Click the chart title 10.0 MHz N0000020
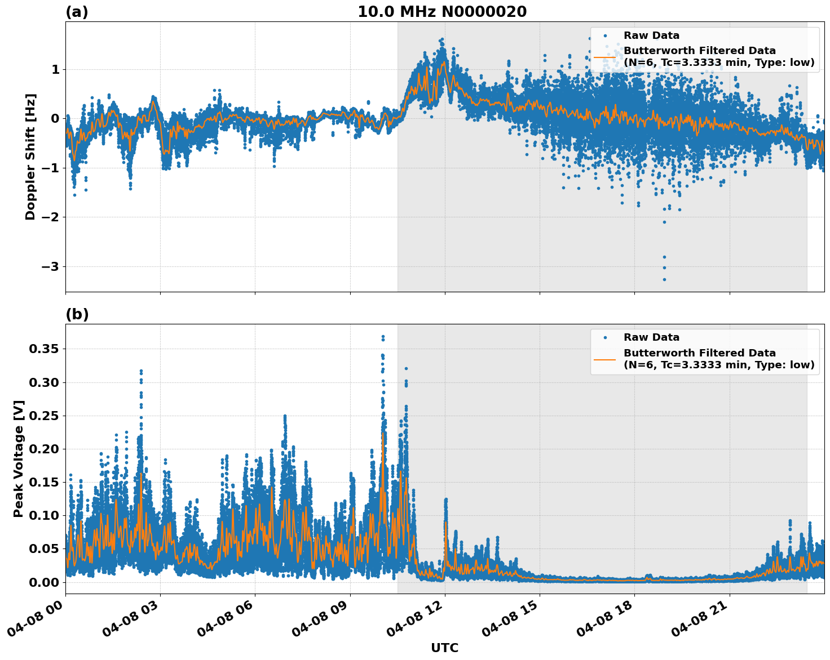click(442, 12)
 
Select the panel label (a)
click(77, 12)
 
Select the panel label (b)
click(77, 314)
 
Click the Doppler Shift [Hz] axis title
click(30, 157)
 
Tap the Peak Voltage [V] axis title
click(19, 458)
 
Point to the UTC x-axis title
click(444, 648)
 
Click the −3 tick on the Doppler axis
click(50, 266)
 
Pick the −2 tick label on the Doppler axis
click(50, 217)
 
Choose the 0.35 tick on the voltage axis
click(44, 349)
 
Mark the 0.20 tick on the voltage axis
click(44, 449)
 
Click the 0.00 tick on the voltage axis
click(44, 582)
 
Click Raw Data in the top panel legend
click(651, 35)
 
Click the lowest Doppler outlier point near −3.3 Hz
click(664, 279)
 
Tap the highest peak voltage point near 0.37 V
click(383, 337)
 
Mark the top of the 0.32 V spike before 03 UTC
click(141, 371)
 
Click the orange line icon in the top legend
click(604, 57)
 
